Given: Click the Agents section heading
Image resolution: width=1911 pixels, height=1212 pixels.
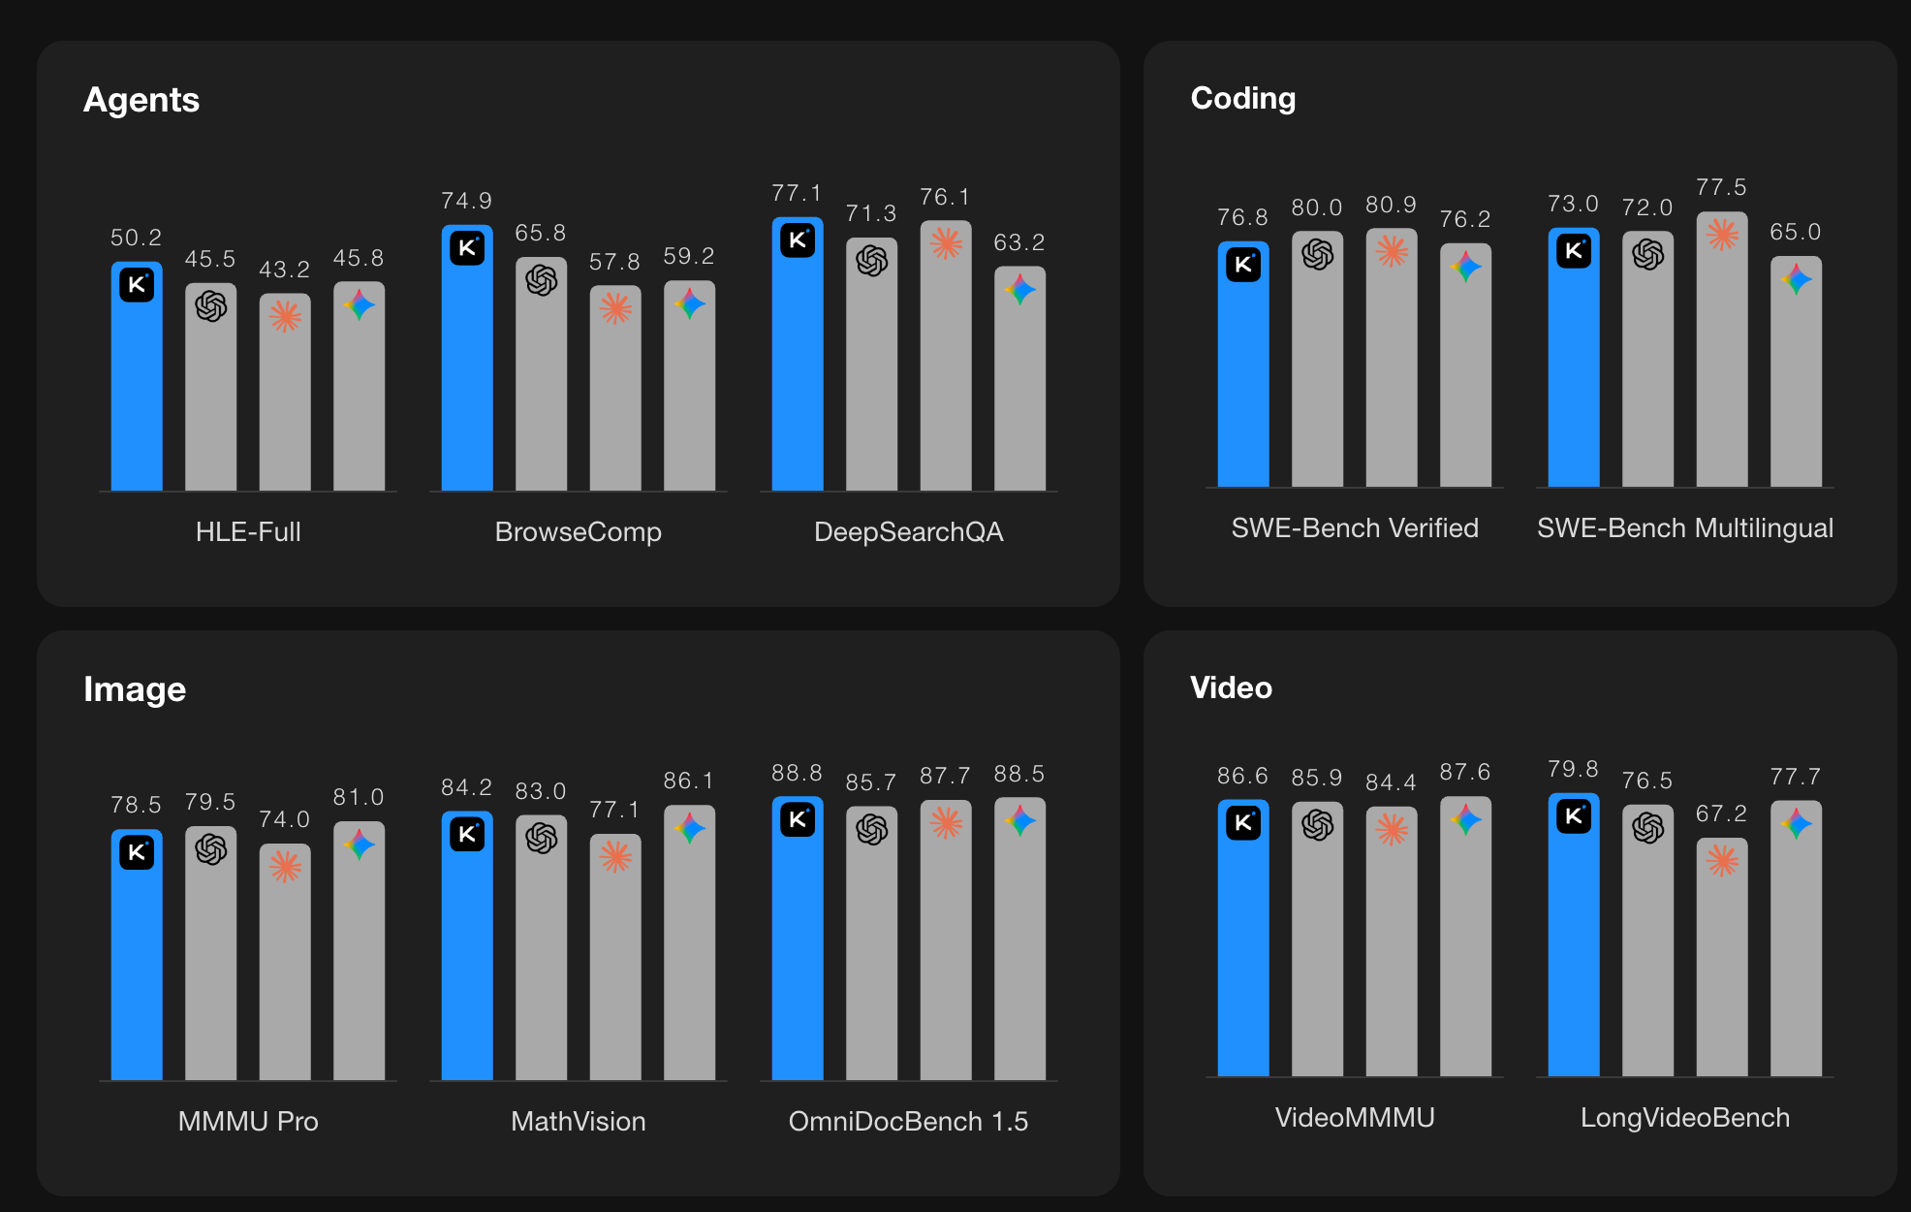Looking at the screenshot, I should [141, 100].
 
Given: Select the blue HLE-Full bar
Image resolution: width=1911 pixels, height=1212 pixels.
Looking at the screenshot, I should [137, 388].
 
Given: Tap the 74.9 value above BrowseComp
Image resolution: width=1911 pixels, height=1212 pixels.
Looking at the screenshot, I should [466, 201].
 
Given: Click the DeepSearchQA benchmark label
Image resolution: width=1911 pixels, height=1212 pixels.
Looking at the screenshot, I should [908, 531].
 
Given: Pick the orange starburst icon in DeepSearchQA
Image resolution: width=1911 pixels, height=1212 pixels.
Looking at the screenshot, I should [946, 242].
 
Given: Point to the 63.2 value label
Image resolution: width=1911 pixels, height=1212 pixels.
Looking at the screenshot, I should [1019, 242].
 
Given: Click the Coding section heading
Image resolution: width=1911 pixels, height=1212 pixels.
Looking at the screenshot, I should [1242, 98].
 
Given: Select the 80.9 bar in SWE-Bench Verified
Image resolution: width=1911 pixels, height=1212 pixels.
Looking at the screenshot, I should [1392, 368].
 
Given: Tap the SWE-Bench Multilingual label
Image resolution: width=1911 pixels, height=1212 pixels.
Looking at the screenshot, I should [1684, 527].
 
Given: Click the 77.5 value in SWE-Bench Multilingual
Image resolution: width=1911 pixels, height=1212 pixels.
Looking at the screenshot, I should [1721, 187].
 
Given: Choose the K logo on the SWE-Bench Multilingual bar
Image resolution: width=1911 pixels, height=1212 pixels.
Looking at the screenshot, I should [1574, 251].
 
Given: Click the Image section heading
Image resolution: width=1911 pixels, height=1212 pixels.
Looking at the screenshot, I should [135, 689].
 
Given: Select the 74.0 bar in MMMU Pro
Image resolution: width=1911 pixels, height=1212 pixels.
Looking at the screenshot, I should [285, 970].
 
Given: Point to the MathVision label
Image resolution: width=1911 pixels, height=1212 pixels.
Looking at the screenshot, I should [578, 1121].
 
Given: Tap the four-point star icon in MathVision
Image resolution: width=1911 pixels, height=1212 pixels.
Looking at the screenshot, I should [689, 828].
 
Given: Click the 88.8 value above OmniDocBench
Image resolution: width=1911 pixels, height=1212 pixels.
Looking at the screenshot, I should [797, 773].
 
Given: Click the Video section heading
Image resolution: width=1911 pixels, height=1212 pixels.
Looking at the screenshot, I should [1231, 687].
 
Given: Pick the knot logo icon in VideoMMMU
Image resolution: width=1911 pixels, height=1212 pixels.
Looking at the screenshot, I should [1318, 825].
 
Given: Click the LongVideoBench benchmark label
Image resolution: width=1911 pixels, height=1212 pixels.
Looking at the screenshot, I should [1684, 1117].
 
